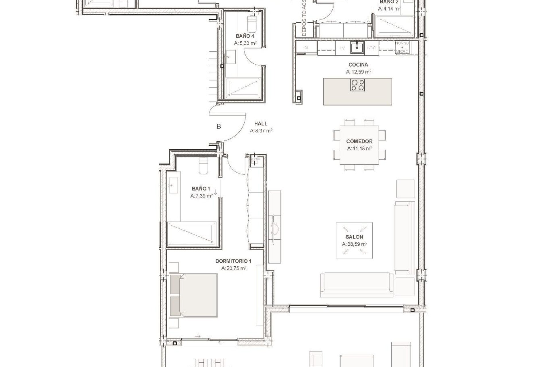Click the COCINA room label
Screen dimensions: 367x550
point(358,65)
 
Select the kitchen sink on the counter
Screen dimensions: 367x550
point(357,48)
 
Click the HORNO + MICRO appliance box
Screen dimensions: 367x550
point(402,48)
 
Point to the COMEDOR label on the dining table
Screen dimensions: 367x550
point(359,141)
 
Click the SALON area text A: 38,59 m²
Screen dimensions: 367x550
point(354,244)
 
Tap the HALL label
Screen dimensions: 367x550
point(261,124)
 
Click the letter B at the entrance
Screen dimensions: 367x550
point(219,126)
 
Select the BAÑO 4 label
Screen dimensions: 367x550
point(245,36)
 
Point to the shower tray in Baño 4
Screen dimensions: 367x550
point(243,87)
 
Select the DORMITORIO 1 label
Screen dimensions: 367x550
point(233,261)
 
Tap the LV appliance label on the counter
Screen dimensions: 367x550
point(342,48)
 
